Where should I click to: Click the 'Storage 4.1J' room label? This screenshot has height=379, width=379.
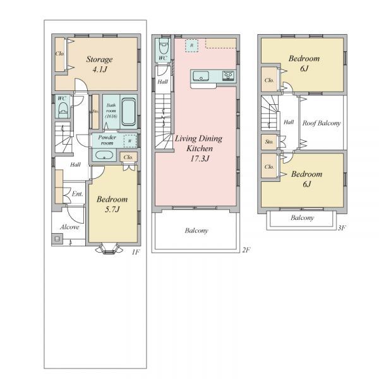point(100,64)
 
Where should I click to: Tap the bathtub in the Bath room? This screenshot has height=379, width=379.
point(128,111)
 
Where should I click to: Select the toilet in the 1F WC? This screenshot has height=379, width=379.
point(63,109)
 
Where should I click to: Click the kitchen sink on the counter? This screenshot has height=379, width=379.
point(201,76)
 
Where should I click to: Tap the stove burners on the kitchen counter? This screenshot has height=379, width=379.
point(229,76)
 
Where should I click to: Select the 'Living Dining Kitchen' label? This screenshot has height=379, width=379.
point(199,143)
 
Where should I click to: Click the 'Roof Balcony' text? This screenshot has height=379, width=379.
point(322,123)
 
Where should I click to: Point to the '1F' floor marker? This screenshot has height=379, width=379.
point(136,252)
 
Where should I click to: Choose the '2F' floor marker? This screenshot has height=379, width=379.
point(246,250)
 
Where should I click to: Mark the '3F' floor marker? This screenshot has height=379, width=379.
point(342,227)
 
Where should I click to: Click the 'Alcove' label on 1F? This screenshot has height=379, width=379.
point(69,227)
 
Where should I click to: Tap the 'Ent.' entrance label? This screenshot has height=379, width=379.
point(77,194)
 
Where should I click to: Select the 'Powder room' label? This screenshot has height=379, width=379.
point(107,140)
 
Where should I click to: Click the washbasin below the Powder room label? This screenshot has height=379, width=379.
point(104,155)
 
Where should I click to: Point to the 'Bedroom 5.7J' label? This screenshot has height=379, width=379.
point(112,204)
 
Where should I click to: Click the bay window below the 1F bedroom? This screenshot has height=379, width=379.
point(109,249)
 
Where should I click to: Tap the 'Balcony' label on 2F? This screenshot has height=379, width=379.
point(196,231)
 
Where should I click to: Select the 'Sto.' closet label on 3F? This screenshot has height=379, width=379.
point(269,141)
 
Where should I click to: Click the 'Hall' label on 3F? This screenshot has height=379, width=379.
point(289,122)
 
